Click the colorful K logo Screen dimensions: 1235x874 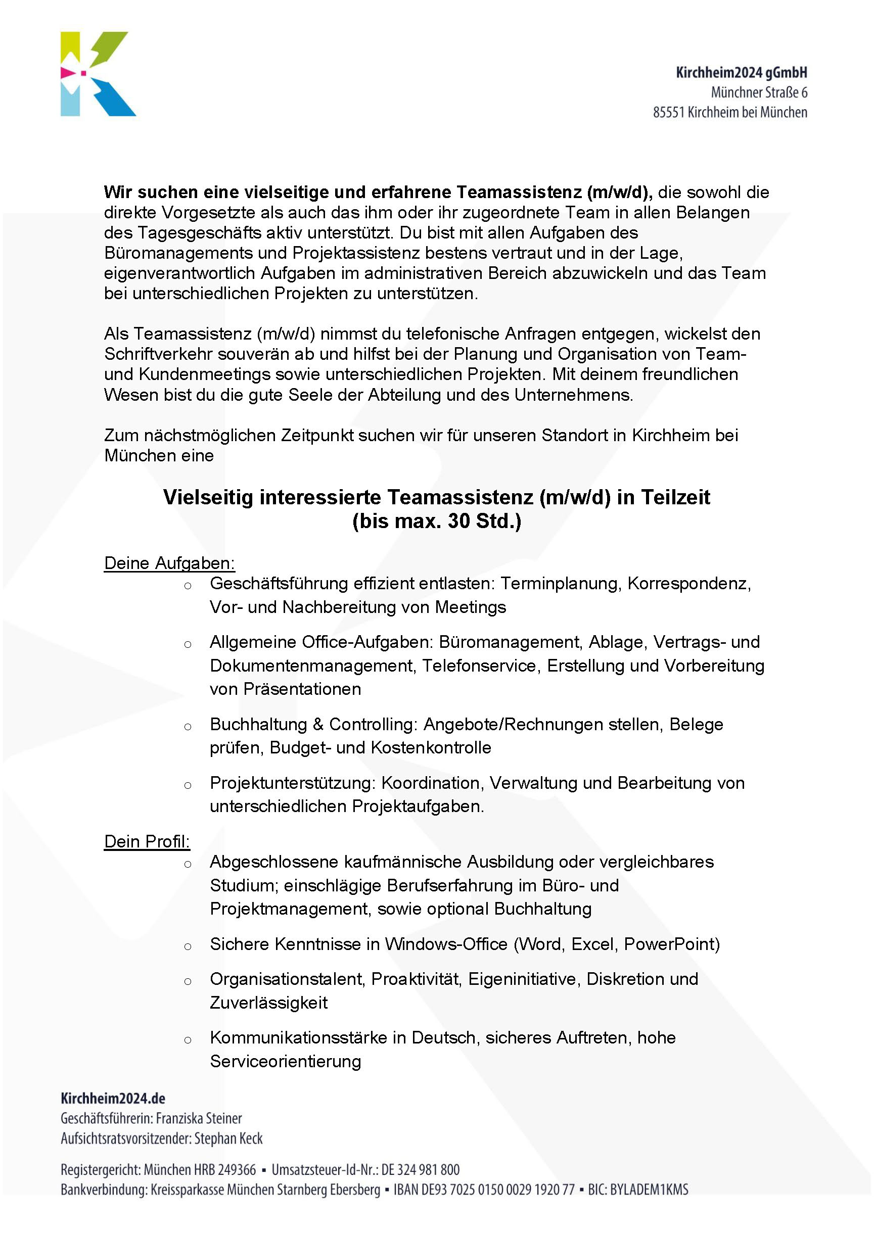tap(98, 74)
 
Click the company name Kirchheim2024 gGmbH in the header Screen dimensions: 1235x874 tap(741, 73)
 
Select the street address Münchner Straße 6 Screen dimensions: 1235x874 tap(759, 92)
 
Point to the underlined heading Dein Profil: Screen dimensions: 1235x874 tap(147, 841)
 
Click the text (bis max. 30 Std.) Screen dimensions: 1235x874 tap(436, 521)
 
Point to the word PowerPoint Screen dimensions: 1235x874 tap(672, 944)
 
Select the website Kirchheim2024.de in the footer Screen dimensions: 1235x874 tap(113, 1099)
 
